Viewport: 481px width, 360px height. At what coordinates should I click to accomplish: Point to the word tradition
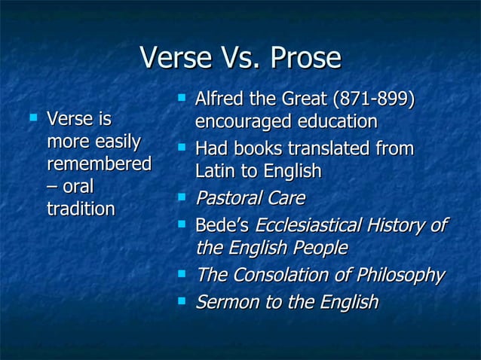(x=81, y=209)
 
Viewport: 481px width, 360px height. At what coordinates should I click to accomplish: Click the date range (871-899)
(x=374, y=99)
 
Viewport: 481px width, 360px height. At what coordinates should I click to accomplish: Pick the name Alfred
(x=219, y=99)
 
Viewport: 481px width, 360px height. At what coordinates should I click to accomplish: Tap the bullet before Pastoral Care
(x=181, y=198)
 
